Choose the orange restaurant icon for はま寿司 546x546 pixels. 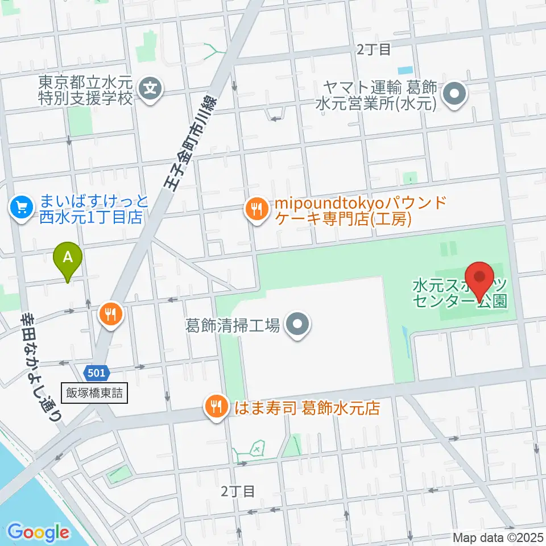pos(216,407)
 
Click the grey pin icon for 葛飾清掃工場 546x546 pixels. pos(297,325)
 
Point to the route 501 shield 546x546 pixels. pos(96,373)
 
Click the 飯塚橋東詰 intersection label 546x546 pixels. pos(93,392)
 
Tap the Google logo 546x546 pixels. pos(38,532)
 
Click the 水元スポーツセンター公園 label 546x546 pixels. pos(460,292)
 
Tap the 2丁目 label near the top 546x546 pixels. pos(374,49)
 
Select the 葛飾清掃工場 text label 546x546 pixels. pos(233,325)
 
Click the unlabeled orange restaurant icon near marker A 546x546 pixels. pos(110,313)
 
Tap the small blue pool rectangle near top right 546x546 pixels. pos(406,71)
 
